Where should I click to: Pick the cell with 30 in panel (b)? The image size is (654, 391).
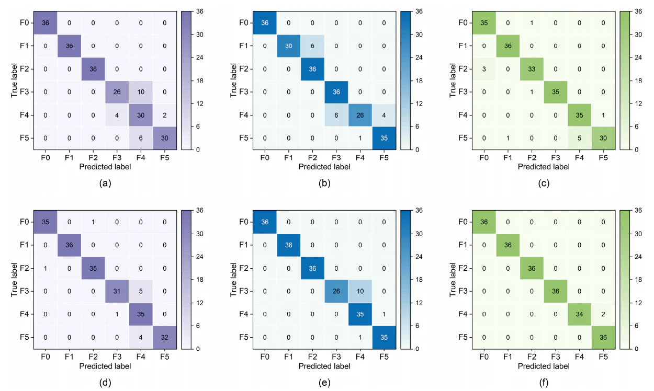289,46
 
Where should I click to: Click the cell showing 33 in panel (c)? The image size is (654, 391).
532,69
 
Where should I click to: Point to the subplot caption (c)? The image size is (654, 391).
544,183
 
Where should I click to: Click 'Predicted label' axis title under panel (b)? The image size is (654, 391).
324,167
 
